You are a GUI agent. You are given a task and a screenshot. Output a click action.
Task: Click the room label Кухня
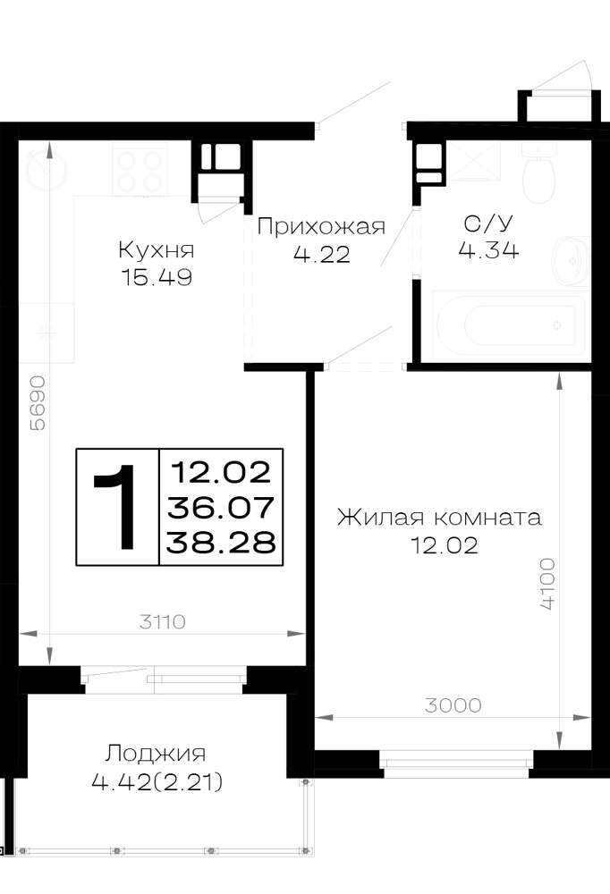pos(157,250)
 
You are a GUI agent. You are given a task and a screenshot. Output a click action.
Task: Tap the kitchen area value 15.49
pos(157,278)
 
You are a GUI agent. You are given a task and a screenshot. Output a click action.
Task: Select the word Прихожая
pos(321,227)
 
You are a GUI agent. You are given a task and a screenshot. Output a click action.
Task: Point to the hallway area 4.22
pos(321,254)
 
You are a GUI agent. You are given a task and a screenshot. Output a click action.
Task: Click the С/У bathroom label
pos(488,223)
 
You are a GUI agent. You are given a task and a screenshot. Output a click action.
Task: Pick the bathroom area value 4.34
pos(488,250)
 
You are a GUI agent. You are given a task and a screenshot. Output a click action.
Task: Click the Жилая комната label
pos(439,518)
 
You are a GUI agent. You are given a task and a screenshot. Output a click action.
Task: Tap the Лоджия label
pos(156,754)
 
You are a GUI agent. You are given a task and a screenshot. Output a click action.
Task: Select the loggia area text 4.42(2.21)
pos(157,781)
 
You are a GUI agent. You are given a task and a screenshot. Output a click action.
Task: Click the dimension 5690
pos(37,403)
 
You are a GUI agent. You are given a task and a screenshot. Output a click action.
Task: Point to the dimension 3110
pos(163,621)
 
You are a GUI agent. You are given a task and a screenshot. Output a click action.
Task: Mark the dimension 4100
pos(547,585)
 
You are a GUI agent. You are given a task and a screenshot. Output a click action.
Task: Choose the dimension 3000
pos(453,705)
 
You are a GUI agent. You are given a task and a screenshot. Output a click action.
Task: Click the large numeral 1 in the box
pos(115,507)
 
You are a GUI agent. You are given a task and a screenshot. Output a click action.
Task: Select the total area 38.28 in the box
pos(221,543)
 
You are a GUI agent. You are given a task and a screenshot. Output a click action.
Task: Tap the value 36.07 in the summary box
pos(221,508)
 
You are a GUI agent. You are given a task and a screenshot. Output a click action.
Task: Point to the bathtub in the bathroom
pos(510,325)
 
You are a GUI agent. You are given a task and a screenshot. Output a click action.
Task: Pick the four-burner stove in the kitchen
pos(140,171)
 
